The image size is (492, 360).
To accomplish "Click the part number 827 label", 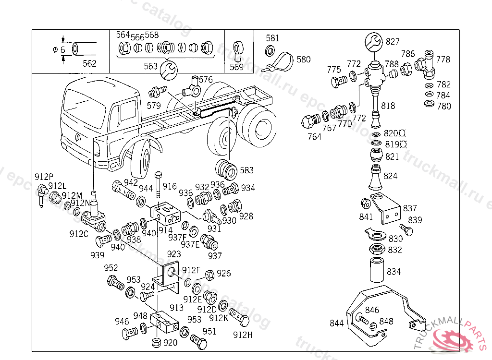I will tap(393, 42).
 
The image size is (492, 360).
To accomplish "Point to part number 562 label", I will tap(89, 63).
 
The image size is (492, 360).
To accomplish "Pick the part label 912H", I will tap(243, 335).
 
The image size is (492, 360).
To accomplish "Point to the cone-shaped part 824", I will tap(375, 179).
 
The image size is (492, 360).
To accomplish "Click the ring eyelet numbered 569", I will tap(237, 50).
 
